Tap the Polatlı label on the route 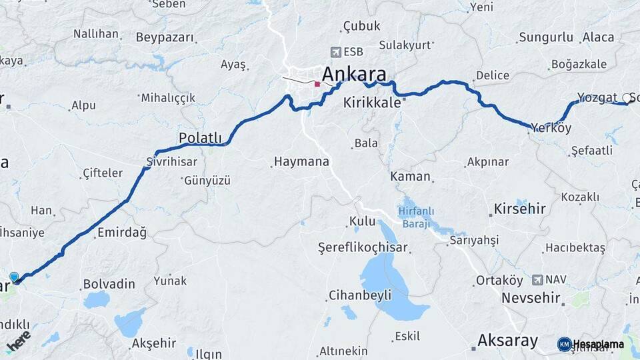200,137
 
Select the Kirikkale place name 372,103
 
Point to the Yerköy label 551,128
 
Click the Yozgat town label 597,97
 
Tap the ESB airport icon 335,52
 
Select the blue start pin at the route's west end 14,277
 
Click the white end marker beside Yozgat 626,98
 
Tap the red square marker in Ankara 317,84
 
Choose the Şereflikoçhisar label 363,248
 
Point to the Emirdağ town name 122,232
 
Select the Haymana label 301,161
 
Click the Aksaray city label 507,341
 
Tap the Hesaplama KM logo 591,344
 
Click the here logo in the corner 18,340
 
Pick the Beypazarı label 165,37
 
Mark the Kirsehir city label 519,209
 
